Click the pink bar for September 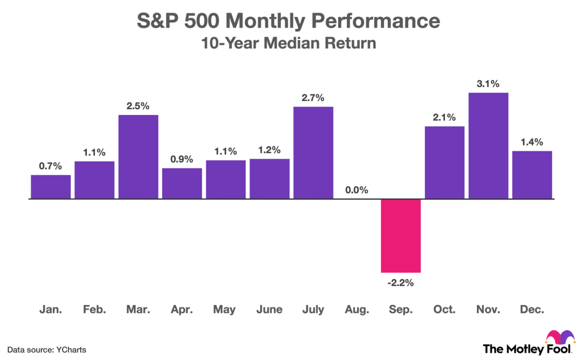401,235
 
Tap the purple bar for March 138,156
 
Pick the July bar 313,152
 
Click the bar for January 51,186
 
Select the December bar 532,174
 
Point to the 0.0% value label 357,190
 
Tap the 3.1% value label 488,84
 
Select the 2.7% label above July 313,98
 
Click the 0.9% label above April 182,159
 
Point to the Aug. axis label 357,309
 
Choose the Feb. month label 94,309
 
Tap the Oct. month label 445,309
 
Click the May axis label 225,309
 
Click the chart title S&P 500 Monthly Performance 289,22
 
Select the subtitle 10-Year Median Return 289,43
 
